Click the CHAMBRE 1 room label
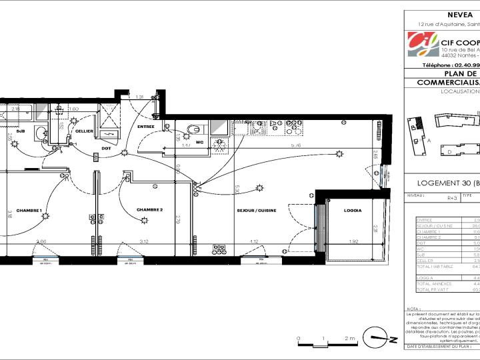click(29, 211)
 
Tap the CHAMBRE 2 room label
click(150, 210)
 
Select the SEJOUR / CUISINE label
click(256, 211)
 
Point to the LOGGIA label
click(353, 211)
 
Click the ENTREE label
click(146, 126)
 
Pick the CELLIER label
click(84, 131)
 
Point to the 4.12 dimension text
click(253, 241)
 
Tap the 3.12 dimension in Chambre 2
click(143, 241)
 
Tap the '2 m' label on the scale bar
click(349, 339)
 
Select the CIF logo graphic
click(423, 45)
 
